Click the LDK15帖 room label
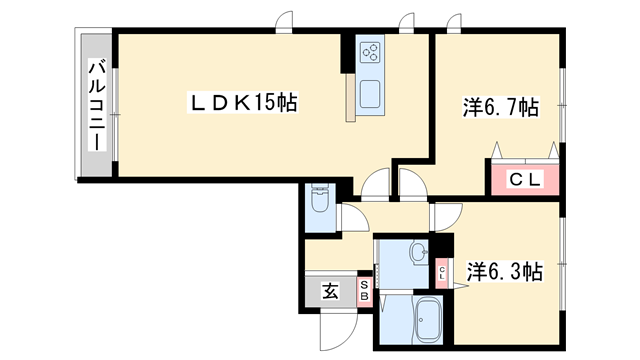pyautogui.click(x=239, y=102)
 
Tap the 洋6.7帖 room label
pyautogui.click(x=501, y=107)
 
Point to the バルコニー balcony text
pyautogui.click(x=97, y=104)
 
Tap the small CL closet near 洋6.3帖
pyautogui.click(x=442, y=272)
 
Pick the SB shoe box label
pyautogui.click(x=364, y=293)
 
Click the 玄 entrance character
pyautogui.click(x=330, y=292)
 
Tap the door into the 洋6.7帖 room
pyautogui.click(x=411, y=183)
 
